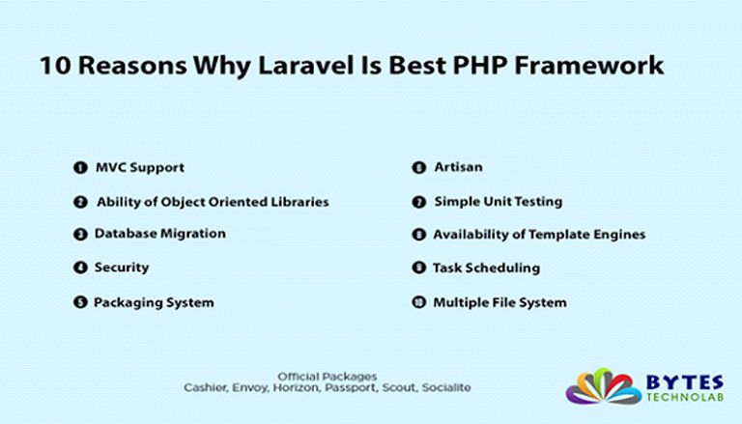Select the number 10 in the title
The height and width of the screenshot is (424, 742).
(55, 66)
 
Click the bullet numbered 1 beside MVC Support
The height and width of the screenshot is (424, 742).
(80, 167)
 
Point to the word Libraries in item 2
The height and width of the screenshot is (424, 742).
(300, 202)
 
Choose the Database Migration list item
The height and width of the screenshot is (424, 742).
(160, 234)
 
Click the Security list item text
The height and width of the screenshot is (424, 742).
(122, 268)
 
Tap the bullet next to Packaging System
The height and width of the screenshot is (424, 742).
(80, 302)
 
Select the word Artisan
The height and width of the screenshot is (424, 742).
(459, 167)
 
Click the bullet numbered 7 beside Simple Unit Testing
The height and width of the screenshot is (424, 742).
(418, 202)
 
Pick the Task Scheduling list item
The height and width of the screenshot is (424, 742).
(487, 268)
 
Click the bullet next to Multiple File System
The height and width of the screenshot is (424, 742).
(418, 302)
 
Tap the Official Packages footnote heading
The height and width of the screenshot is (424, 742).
(327, 377)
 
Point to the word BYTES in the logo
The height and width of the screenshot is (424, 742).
(685, 382)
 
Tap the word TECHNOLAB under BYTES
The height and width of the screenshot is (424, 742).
(685, 397)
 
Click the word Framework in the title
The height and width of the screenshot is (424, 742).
(589, 66)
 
